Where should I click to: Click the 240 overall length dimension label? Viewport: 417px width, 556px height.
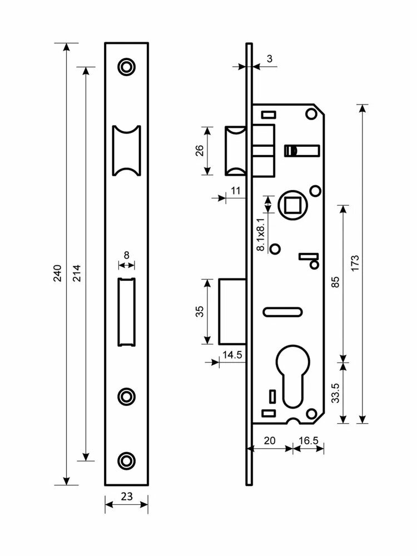(57, 272)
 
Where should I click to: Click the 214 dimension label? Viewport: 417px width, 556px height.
(77, 272)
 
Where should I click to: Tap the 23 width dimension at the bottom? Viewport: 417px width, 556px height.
(127, 497)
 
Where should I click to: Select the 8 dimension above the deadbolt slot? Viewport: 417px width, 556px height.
(127, 255)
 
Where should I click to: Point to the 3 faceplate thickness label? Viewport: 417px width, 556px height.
(270, 58)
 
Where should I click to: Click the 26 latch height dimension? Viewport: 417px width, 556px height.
(200, 150)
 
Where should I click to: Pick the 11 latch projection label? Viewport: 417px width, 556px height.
(235, 190)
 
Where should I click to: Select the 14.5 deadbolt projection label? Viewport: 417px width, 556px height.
(232, 355)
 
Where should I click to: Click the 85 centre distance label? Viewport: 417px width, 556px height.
(335, 281)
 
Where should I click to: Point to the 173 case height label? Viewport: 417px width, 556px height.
(355, 263)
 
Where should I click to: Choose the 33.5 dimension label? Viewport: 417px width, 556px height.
(335, 393)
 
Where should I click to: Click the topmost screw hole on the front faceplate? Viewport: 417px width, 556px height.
(127, 66)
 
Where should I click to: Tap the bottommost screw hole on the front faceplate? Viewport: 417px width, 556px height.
(127, 460)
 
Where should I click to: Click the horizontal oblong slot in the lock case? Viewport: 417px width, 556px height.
(282, 312)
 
